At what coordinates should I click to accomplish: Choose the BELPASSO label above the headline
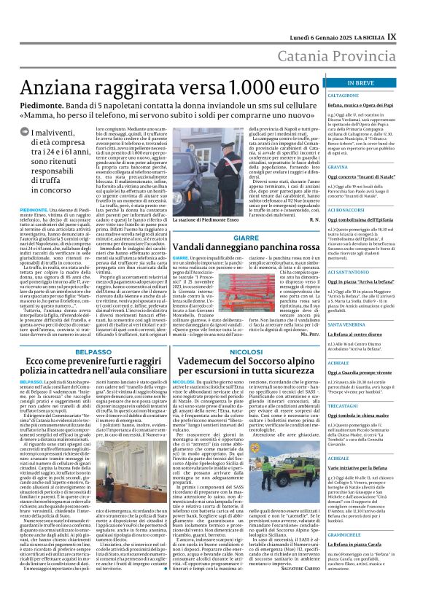tap(88, 351)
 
